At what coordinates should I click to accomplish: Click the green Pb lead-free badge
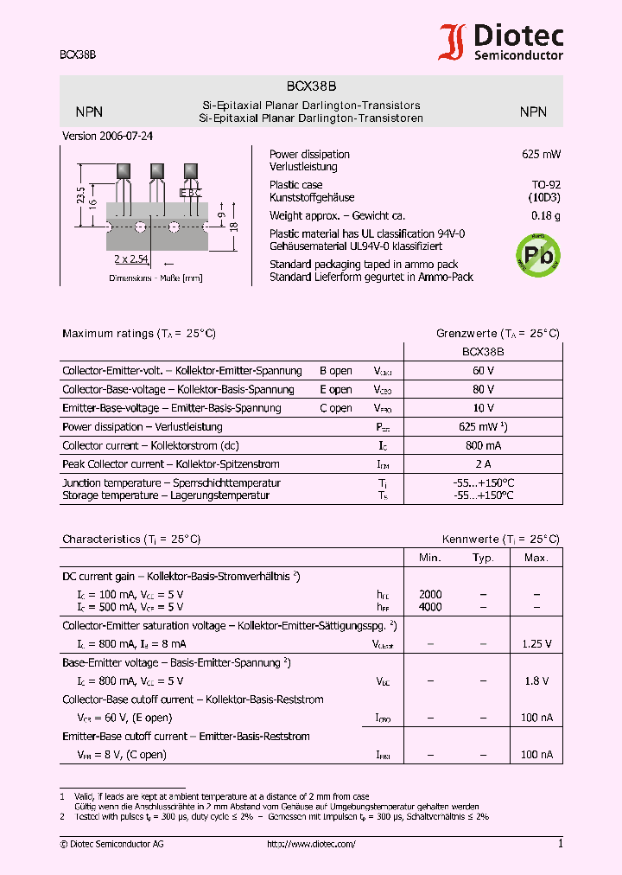pos(537,254)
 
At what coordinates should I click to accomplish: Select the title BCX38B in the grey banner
pos(311,86)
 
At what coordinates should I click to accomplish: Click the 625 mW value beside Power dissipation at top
pos(541,155)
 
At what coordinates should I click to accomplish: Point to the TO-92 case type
pos(545,185)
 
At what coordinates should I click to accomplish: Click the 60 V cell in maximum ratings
pos(483,371)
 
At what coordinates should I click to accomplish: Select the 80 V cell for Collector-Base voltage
pos(483,390)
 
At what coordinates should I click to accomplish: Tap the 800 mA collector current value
pos(483,446)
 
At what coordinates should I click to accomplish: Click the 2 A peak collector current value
pos(483,464)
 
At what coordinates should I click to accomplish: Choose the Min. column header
pos(430,558)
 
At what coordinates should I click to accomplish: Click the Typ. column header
pos(483,558)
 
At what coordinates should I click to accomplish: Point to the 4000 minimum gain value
pos(430,607)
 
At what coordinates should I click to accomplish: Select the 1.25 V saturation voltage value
pos(536,644)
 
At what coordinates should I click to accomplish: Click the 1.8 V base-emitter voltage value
pos(536,681)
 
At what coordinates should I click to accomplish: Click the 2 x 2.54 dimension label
pos(131,259)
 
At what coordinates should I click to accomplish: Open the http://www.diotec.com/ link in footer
pos(311,844)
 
